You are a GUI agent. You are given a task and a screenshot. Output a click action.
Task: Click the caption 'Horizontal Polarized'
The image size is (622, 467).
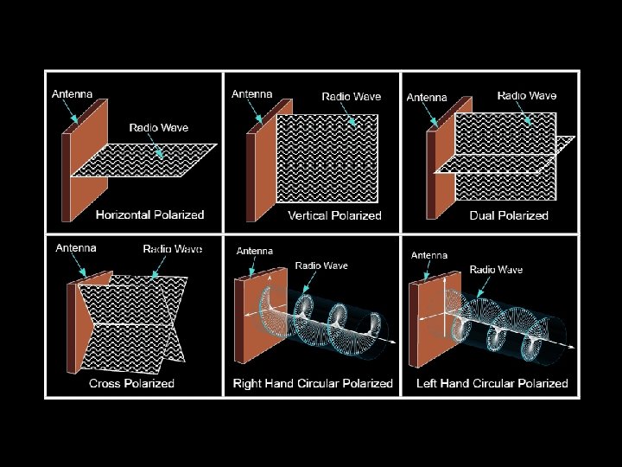pyautogui.click(x=149, y=214)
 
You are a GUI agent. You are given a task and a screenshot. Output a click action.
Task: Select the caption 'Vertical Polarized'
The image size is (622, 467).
pyautogui.click(x=334, y=215)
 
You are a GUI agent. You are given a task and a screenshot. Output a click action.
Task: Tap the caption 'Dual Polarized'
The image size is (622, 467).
pyautogui.click(x=509, y=215)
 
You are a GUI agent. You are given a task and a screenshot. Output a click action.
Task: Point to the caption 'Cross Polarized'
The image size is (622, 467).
pyautogui.click(x=131, y=383)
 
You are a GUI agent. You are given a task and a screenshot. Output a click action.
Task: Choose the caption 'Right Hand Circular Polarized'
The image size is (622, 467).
pyautogui.click(x=313, y=383)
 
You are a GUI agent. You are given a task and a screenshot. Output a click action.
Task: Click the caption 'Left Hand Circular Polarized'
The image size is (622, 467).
pyautogui.click(x=492, y=383)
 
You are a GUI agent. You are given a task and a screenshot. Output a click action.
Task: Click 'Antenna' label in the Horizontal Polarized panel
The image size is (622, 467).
pyautogui.click(x=73, y=94)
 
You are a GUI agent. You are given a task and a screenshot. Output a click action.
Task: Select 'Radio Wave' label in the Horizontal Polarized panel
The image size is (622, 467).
pyautogui.click(x=159, y=128)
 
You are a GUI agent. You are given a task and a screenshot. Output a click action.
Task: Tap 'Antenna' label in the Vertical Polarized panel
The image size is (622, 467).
pyautogui.click(x=252, y=94)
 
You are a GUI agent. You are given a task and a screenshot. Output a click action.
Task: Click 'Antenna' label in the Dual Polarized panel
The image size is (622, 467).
pyautogui.click(x=427, y=98)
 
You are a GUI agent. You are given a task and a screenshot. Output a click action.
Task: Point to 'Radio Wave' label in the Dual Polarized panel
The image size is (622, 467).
pyautogui.click(x=527, y=96)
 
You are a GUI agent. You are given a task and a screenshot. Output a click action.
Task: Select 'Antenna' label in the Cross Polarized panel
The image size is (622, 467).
pyautogui.click(x=76, y=248)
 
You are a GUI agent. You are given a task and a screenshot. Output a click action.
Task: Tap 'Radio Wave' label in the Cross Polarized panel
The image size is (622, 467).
pyautogui.click(x=173, y=249)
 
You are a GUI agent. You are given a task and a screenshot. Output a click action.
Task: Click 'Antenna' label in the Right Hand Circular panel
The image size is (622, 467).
pyautogui.click(x=255, y=252)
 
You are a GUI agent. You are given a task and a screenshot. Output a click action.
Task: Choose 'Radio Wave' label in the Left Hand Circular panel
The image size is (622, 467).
pyautogui.click(x=496, y=270)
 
